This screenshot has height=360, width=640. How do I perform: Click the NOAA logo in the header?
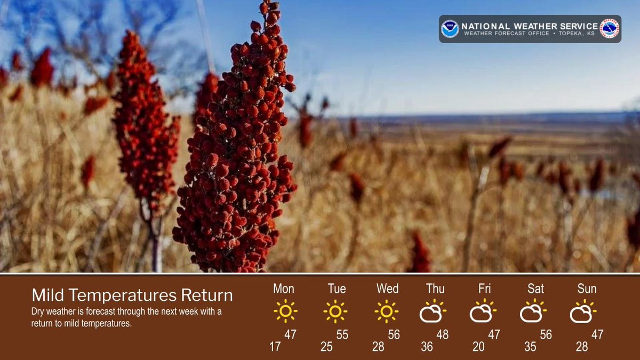(450, 29)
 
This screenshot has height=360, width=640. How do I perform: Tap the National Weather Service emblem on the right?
(609, 29)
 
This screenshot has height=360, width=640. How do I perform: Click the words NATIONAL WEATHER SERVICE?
(529, 26)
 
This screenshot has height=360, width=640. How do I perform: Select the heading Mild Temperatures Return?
(132, 295)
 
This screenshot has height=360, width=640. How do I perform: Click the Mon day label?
(283, 289)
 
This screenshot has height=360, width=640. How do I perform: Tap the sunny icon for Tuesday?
(335, 311)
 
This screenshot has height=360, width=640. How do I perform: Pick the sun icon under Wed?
(386, 311)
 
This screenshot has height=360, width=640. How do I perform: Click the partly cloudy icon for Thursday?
(433, 311)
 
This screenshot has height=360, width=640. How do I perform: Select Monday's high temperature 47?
(290, 335)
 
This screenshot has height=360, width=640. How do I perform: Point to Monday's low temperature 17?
(275, 347)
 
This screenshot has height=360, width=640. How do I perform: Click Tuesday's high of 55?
(342, 335)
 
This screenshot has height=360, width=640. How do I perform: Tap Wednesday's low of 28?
(378, 347)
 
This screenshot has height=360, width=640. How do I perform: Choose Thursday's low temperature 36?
(427, 347)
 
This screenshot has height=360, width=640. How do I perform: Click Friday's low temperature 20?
(478, 347)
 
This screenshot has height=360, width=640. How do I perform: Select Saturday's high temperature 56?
(546, 335)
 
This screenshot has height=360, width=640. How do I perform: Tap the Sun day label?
(587, 289)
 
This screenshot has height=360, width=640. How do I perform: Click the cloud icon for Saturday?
(533, 312)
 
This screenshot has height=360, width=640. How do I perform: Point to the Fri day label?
(484, 289)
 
